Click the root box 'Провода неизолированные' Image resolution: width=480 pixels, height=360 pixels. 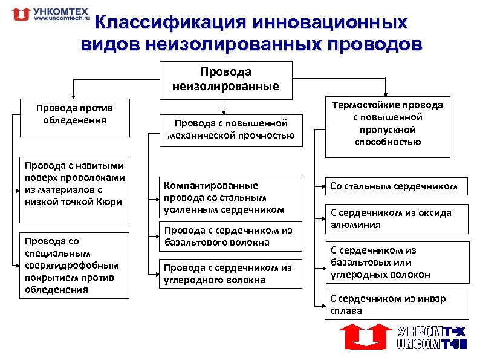tap(223, 79)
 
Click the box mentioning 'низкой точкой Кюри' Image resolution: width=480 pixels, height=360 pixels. tap(74, 183)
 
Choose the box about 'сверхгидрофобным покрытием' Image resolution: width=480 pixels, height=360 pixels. tap(74, 265)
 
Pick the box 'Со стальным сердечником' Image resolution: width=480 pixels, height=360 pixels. tap(397, 186)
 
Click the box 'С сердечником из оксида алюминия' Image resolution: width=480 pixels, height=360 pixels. tap(397, 218)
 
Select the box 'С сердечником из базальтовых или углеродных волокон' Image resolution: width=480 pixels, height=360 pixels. tap(397, 262)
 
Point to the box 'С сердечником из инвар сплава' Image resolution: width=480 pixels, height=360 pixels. tap(397, 304)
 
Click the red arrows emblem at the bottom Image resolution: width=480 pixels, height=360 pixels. tap(363, 336)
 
